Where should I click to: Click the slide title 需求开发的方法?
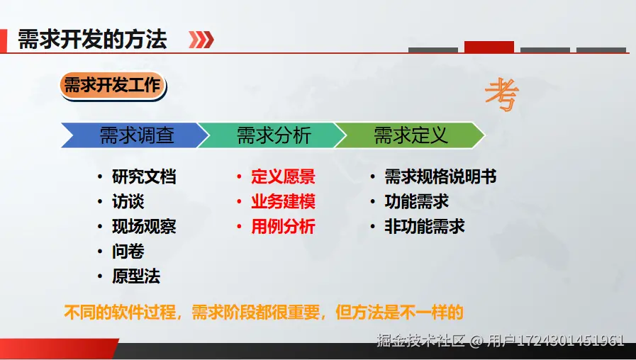coord(92,39)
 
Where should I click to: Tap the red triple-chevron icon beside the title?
coord(201,40)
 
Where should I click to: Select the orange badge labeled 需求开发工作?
coord(113,85)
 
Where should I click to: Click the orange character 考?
coord(502,95)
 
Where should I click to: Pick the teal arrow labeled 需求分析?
coord(272,135)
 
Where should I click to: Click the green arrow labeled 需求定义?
coord(410,135)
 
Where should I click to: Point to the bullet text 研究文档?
coord(144,176)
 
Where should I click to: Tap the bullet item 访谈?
coord(128,201)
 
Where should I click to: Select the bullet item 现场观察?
coord(144,226)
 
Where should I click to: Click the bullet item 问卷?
coord(128,252)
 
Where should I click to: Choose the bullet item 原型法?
coord(136,276)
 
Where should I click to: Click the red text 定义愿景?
coord(283,176)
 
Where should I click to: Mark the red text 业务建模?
coord(283,201)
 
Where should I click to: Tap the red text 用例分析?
coord(283,226)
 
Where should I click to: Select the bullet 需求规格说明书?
coord(440,176)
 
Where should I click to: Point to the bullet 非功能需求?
coord(424,226)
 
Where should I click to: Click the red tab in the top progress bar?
coord(489,47)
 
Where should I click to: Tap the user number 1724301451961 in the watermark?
coord(570,341)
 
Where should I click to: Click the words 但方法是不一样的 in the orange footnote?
coord(399,312)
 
